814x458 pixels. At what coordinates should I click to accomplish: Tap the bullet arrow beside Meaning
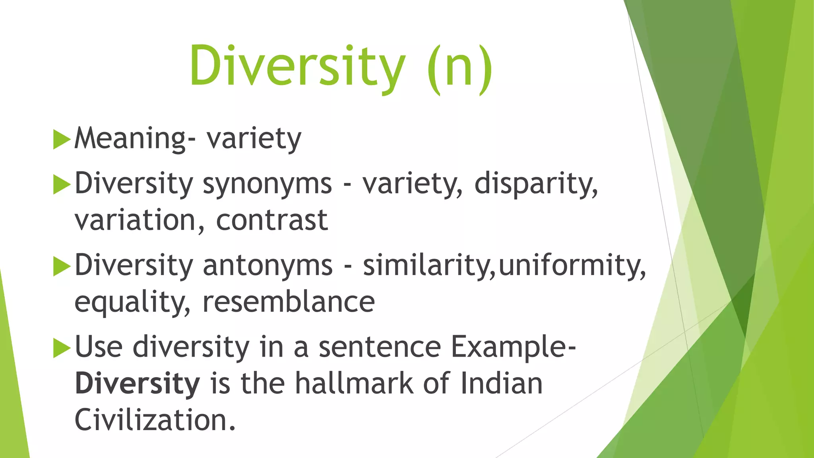click(61, 140)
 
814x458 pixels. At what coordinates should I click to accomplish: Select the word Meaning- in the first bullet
click(135, 139)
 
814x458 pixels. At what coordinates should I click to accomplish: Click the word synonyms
click(267, 184)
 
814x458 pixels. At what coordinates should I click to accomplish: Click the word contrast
click(272, 220)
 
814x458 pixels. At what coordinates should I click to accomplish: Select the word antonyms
click(267, 266)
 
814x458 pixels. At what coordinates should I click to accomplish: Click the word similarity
click(428, 266)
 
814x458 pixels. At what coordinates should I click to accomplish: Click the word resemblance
click(289, 302)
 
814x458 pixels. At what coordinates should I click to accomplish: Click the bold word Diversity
click(137, 384)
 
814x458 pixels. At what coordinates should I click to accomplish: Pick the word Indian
click(501, 383)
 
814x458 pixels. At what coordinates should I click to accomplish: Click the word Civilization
click(155, 420)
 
